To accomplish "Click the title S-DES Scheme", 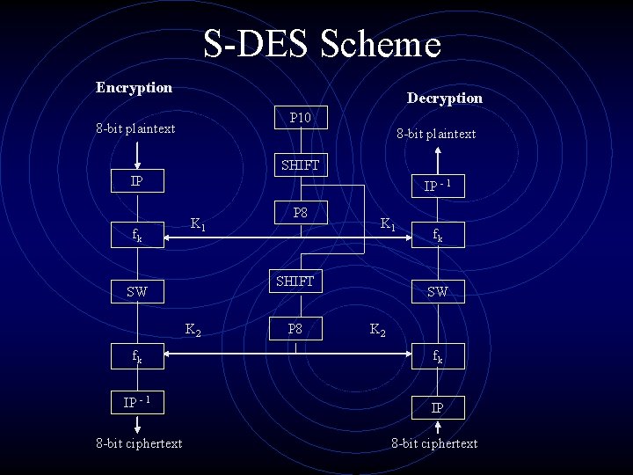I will click(x=322, y=44).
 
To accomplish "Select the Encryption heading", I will click(x=134, y=87).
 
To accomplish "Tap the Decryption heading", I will click(x=444, y=98).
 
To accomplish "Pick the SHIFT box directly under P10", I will click(x=300, y=164).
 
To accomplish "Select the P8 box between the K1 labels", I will click(x=300, y=213).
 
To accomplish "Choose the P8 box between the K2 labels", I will click(x=295, y=328).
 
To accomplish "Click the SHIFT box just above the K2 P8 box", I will click(x=295, y=281).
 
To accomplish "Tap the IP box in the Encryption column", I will click(x=136, y=181).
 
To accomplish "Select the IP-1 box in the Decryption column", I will click(x=437, y=186).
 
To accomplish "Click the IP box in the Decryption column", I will click(x=437, y=408).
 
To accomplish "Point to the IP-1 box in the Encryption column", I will click(x=136, y=402).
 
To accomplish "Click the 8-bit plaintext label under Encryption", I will click(x=135, y=128).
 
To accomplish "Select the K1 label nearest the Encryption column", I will click(x=199, y=224).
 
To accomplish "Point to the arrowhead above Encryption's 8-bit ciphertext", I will click(x=136, y=426).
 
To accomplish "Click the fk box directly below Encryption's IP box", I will click(x=136, y=236).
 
